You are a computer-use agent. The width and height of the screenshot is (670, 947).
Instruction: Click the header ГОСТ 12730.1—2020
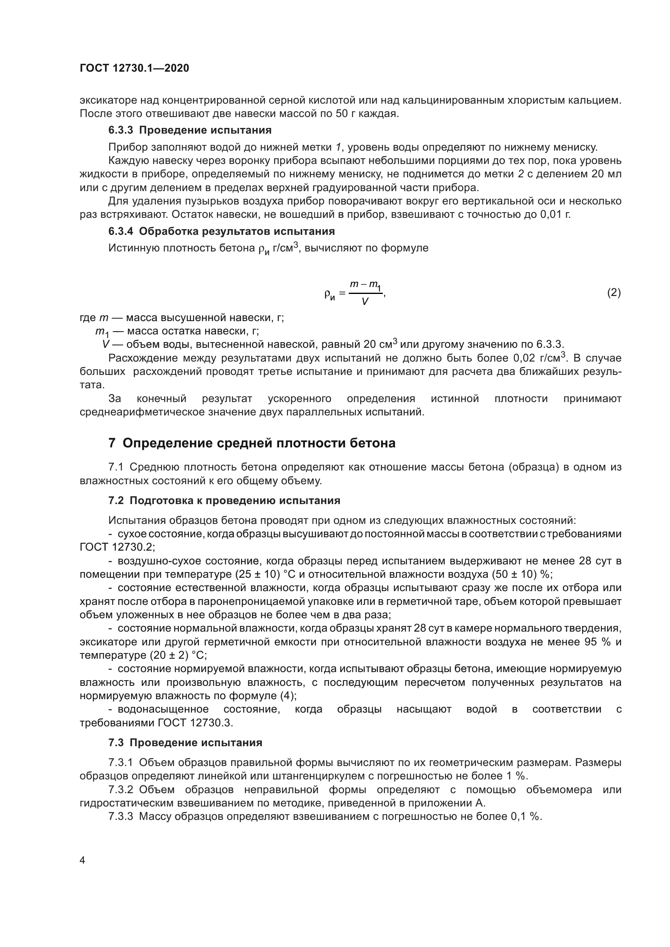pyautogui.click(x=134, y=68)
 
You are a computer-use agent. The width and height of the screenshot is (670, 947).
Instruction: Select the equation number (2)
pyautogui.click(x=613, y=292)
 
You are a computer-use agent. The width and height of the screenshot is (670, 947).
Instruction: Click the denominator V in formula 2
pyautogui.click(x=365, y=302)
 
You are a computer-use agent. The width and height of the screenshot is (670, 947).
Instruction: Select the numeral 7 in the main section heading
pyautogui.click(x=112, y=443)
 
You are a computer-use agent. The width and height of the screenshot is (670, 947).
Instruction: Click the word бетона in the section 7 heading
pyautogui.click(x=373, y=443)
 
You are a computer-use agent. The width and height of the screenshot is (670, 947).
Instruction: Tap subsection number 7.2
pyautogui.click(x=116, y=500)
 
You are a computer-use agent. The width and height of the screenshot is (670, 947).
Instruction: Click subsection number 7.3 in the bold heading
pyautogui.click(x=116, y=743)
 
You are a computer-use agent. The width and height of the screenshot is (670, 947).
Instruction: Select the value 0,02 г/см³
pyautogui.click(x=540, y=358)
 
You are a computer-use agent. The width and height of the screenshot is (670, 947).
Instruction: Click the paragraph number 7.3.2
pyautogui.click(x=120, y=790)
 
